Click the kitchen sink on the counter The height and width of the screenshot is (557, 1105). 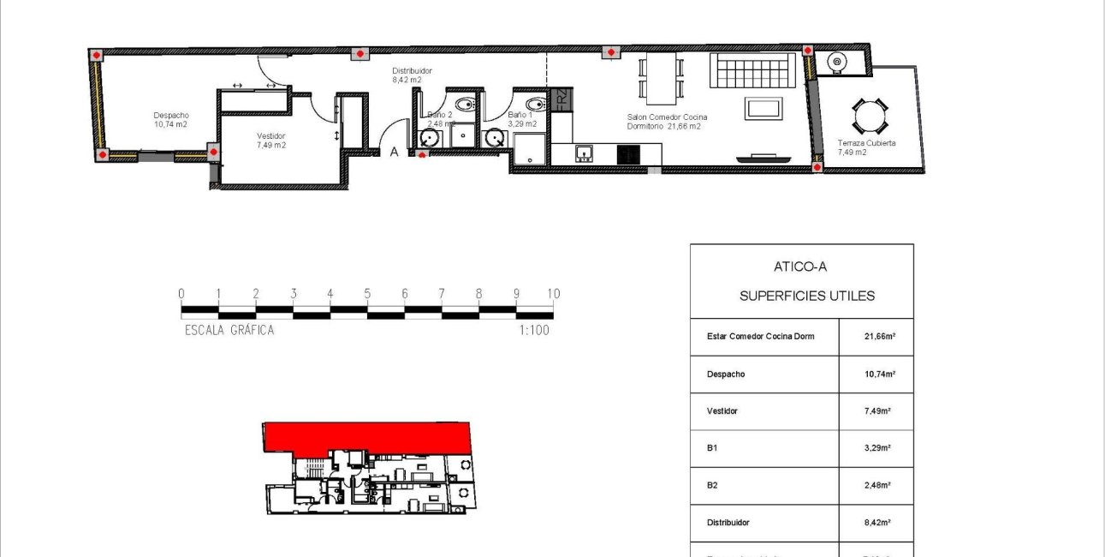[585, 153]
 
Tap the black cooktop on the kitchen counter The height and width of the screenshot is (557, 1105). [628, 154]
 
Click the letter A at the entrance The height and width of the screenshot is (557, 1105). [395, 152]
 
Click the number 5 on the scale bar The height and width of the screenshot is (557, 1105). [367, 294]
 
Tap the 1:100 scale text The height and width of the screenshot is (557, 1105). [533, 330]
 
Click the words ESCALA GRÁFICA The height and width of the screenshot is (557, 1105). [229, 330]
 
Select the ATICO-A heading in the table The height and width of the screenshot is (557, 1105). [800, 267]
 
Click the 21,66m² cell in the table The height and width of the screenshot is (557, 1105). [879, 337]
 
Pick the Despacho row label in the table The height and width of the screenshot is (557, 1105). [727, 374]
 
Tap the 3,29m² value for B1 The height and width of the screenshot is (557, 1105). [879, 448]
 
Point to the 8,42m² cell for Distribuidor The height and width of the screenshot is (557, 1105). [879, 522]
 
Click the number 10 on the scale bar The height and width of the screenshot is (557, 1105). [553, 294]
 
